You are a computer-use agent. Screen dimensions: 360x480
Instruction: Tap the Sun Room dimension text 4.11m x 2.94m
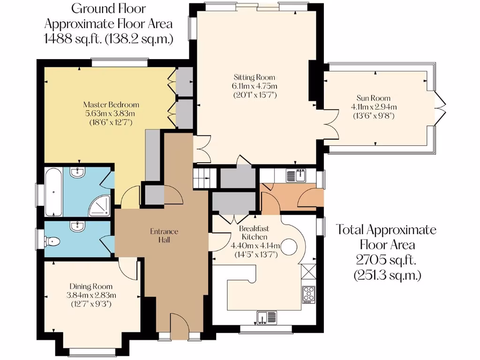[x=374, y=107]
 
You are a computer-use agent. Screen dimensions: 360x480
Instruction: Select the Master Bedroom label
[x=111, y=105]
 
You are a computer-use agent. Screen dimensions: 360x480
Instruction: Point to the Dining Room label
[x=91, y=286]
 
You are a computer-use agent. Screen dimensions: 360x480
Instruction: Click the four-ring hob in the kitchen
[x=309, y=294]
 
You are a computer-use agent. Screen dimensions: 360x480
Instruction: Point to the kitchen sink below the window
[x=265, y=317]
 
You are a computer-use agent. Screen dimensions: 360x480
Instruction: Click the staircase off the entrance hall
[x=204, y=178]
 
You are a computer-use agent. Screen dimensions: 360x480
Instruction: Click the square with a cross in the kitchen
[x=309, y=272]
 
